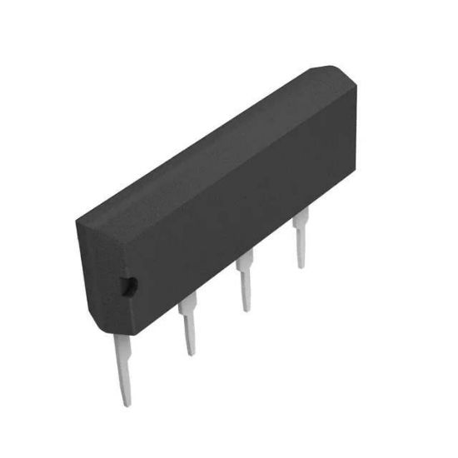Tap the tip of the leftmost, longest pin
pyautogui.click(x=126, y=401)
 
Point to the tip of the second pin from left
pyautogui.click(x=192, y=351)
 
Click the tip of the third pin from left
pyautogui.click(x=246, y=308)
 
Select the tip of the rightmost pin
pyautogui.click(x=302, y=265)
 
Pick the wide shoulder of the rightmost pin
pyautogui.click(x=300, y=218)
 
